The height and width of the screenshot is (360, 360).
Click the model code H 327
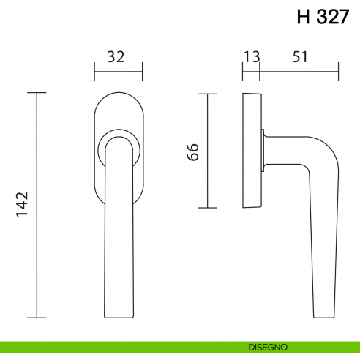tap(323, 18)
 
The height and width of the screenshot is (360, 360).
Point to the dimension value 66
tap(192, 151)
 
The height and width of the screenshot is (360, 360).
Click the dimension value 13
tap(251, 58)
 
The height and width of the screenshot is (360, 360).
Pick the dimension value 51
tap(300, 58)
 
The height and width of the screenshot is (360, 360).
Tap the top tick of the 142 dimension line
tap(37, 93)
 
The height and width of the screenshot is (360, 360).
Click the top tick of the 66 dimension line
tap(208, 94)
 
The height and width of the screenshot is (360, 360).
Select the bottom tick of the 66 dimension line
tap(208, 208)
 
